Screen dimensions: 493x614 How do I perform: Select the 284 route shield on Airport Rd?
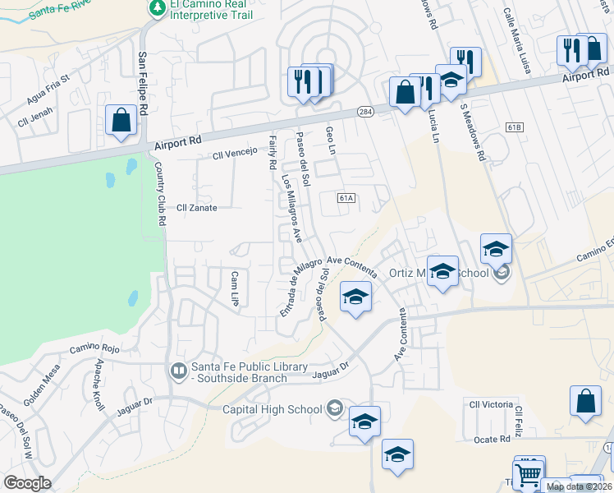pyautogui.click(x=364, y=112)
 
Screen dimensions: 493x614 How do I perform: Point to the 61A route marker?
pyautogui.click(x=346, y=198)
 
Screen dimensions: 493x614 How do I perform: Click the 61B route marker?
pyautogui.click(x=515, y=127)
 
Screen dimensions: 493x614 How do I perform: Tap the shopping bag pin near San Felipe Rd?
pyautogui.click(x=121, y=121)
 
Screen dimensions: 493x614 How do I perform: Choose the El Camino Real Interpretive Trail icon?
pyautogui.click(x=157, y=7)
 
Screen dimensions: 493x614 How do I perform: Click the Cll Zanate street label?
pyautogui.click(x=197, y=208)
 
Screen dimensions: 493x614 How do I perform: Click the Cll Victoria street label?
pyautogui.click(x=491, y=404)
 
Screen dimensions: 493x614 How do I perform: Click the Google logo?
pyautogui.click(x=27, y=483)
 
